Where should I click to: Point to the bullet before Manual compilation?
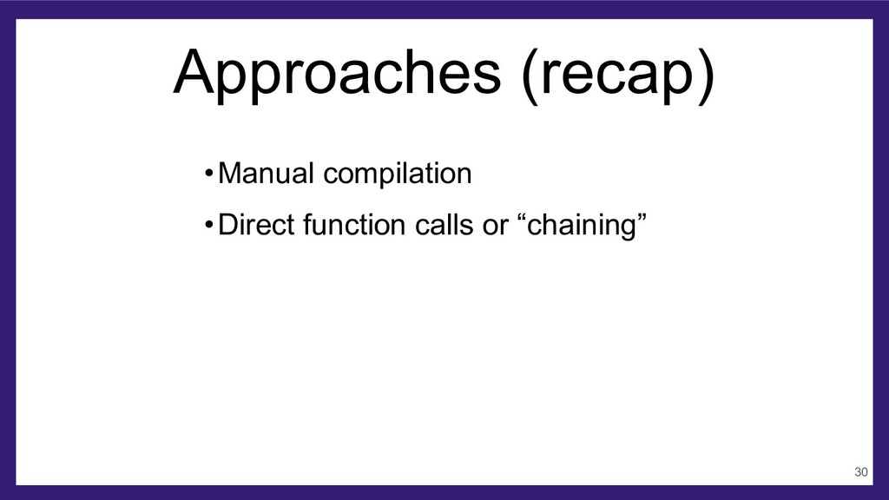pyautogui.click(x=208, y=173)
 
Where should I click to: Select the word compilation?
pyautogui.click(x=398, y=174)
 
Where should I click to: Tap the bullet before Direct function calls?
pyautogui.click(x=208, y=225)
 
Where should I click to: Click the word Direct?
pyautogui.click(x=256, y=225)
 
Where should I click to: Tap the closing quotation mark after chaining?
pyautogui.click(x=641, y=217)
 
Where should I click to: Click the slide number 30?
pyautogui.click(x=860, y=472)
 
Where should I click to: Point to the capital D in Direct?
pyautogui.click(x=228, y=225)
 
